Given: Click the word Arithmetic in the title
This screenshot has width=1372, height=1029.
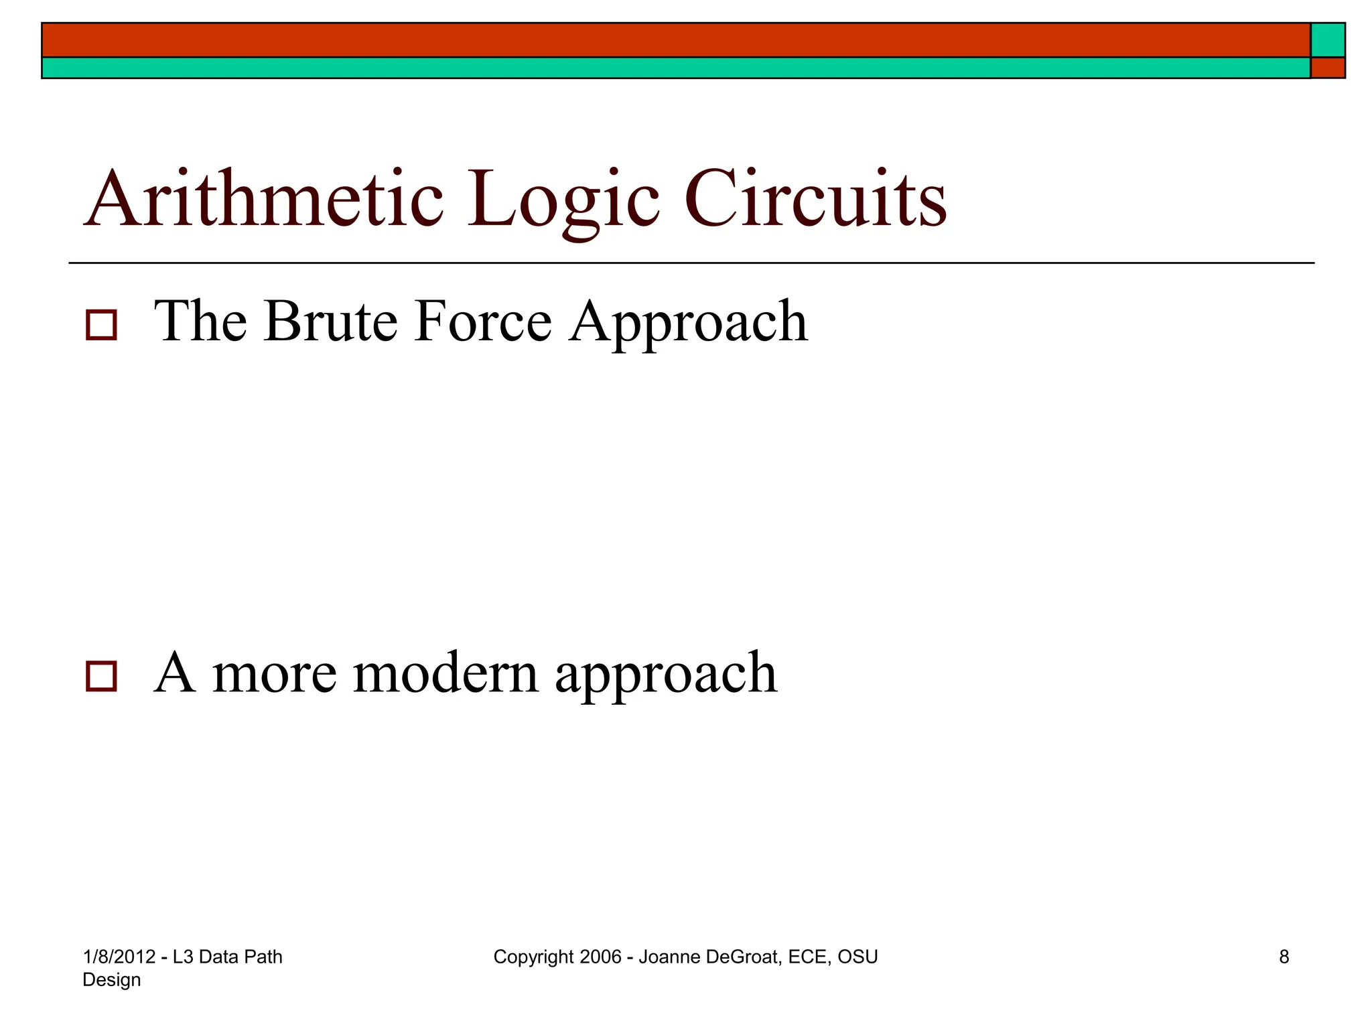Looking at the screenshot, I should tap(263, 199).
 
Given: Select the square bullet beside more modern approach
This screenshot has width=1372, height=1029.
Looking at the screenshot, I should tap(101, 676).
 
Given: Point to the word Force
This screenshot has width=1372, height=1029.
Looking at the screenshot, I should tap(482, 322).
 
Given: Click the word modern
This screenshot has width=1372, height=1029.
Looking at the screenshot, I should tap(445, 673).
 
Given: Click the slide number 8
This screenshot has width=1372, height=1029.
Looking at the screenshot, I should tap(1284, 957).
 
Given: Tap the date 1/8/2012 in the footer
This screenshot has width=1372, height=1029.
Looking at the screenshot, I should tap(119, 957).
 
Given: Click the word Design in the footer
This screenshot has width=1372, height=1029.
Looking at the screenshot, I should tap(111, 980).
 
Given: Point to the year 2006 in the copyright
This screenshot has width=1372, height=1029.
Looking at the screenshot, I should tap(600, 957).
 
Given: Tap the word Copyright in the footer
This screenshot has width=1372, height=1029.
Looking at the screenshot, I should tap(534, 957).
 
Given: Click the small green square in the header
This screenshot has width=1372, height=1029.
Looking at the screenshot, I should tap(1327, 40).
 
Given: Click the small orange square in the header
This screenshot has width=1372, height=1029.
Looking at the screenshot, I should tap(1327, 68).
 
